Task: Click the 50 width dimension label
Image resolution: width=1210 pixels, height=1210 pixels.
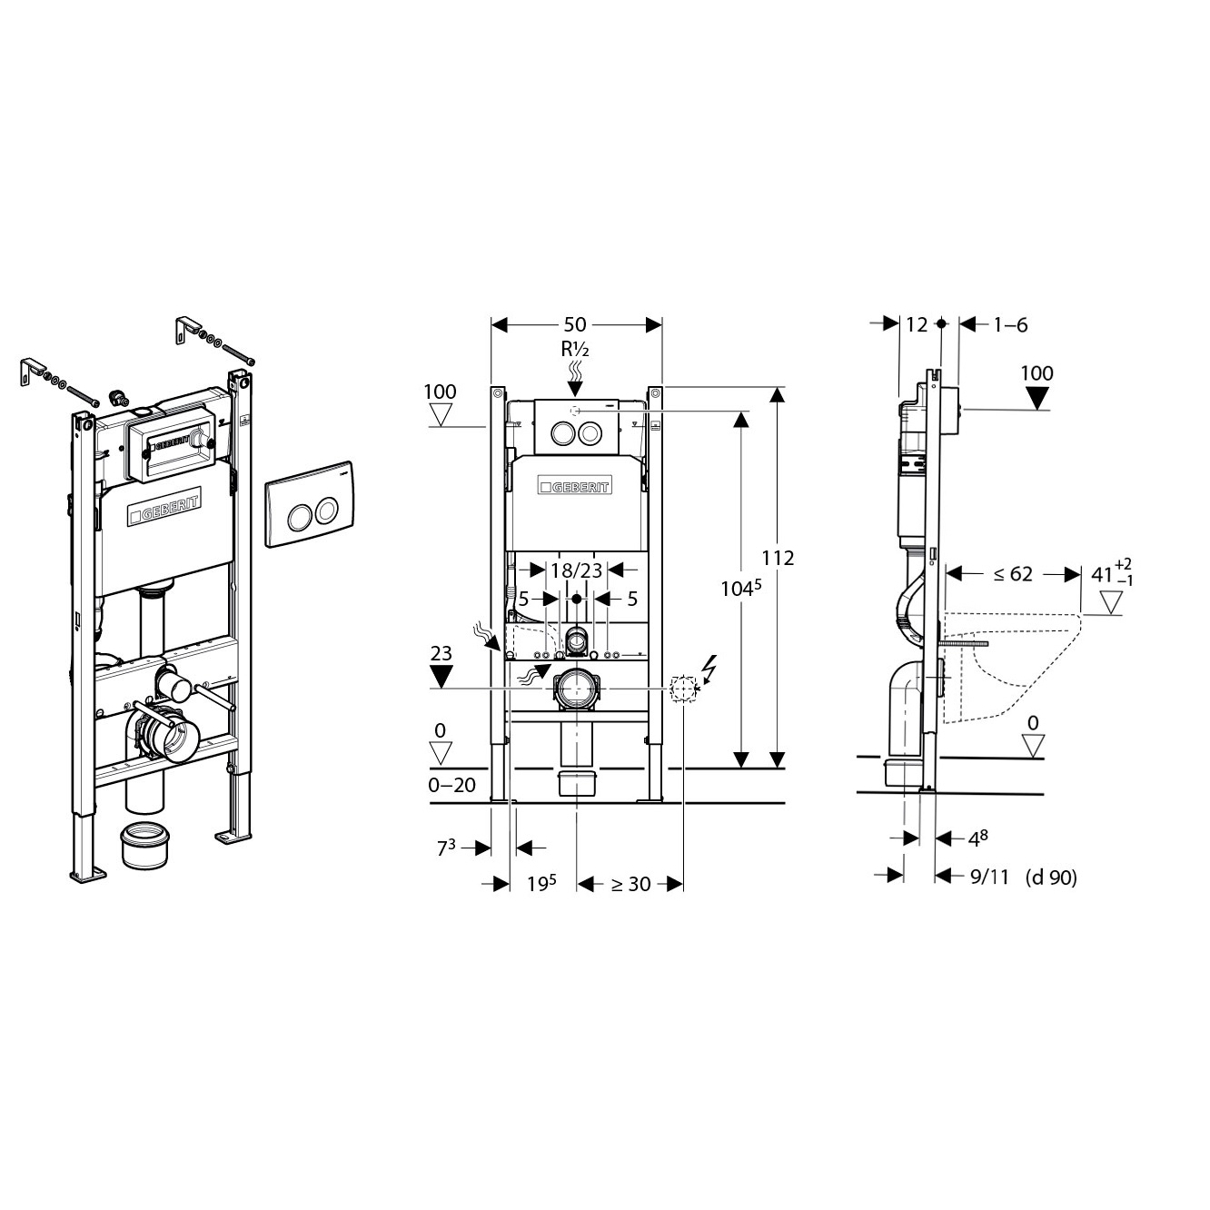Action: click(574, 324)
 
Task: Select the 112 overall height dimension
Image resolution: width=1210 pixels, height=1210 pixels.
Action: click(778, 558)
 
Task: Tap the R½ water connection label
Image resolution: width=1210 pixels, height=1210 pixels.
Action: click(574, 349)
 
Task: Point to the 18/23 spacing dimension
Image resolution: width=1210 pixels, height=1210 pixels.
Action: click(577, 570)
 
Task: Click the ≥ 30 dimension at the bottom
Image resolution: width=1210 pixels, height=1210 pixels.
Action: click(631, 884)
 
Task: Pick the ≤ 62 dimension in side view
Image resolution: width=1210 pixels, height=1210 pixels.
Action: click(1012, 574)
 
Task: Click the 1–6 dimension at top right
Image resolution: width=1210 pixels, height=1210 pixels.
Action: click(1010, 324)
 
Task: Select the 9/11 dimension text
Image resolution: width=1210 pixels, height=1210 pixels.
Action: click(989, 877)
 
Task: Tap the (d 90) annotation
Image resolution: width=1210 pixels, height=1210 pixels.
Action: click(1051, 877)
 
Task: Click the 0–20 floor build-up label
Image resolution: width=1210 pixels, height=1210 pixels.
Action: click(451, 785)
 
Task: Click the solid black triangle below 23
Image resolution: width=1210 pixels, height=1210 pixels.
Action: click(441, 677)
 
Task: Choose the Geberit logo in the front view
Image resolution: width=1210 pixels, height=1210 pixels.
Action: click(574, 486)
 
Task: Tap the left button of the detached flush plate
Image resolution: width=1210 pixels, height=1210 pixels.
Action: click(298, 514)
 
